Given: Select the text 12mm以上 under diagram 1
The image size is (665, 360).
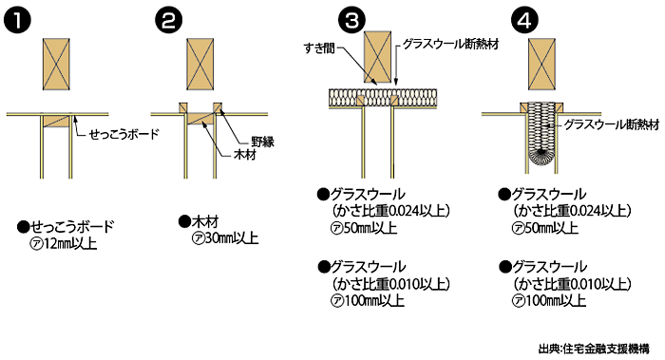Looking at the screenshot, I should pos(71,245).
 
